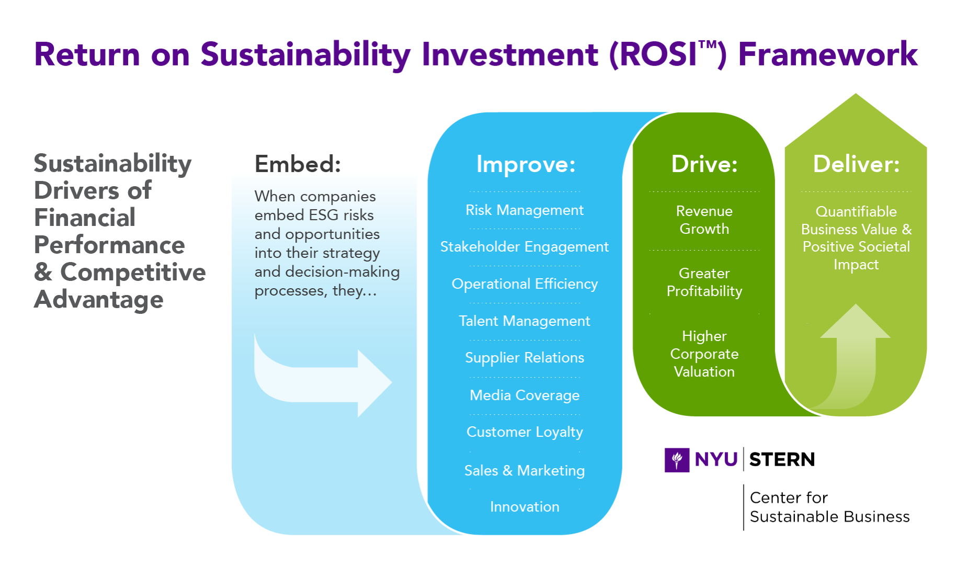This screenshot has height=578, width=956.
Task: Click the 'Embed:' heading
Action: tap(298, 164)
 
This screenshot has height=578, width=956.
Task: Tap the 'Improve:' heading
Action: tap(526, 164)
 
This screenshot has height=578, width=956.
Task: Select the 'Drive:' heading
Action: tap(704, 164)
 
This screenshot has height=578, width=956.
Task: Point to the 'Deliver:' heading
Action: tap(856, 164)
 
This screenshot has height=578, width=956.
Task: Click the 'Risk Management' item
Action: tap(525, 210)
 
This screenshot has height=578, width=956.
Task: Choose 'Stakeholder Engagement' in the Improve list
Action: tap(525, 247)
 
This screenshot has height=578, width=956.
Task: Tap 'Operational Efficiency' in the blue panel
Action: tap(525, 284)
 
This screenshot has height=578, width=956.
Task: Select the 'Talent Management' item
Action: tap(525, 321)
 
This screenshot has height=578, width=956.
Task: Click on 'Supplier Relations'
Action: tap(525, 358)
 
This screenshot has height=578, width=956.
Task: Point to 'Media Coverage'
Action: tap(525, 395)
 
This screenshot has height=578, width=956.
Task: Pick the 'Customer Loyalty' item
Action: tap(525, 432)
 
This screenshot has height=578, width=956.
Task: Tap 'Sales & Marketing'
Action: tap(525, 471)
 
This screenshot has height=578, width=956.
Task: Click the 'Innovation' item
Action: tap(525, 507)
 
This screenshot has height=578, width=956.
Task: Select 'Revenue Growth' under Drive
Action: tap(704, 220)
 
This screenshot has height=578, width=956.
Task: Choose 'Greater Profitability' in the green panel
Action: tap(704, 282)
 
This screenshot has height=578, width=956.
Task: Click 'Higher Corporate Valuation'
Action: tap(704, 354)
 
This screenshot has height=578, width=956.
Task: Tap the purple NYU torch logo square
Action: tap(677, 460)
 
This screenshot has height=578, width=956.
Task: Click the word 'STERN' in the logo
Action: tap(782, 460)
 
